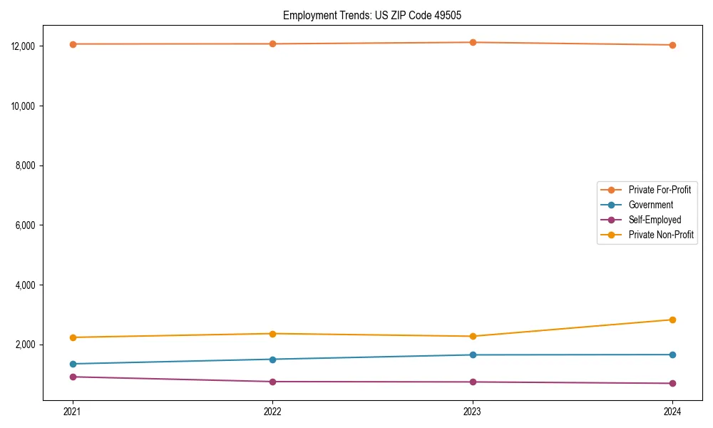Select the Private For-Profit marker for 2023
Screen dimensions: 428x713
pos(472,43)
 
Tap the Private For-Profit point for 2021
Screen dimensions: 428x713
pos(73,44)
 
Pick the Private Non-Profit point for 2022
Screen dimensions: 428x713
pos(272,334)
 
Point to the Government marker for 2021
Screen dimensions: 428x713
pos(73,364)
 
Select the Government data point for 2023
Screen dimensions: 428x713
pos(472,355)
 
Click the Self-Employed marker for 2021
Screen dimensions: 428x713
pos(73,377)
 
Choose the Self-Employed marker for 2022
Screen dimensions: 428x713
pos(272,382)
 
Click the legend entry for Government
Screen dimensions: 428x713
pos(650,205)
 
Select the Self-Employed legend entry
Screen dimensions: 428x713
pos(655,220)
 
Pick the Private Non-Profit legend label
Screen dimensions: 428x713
pos(661,235)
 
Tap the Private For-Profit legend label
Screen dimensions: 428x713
pos(660,190)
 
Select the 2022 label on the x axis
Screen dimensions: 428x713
pos(272,411)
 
